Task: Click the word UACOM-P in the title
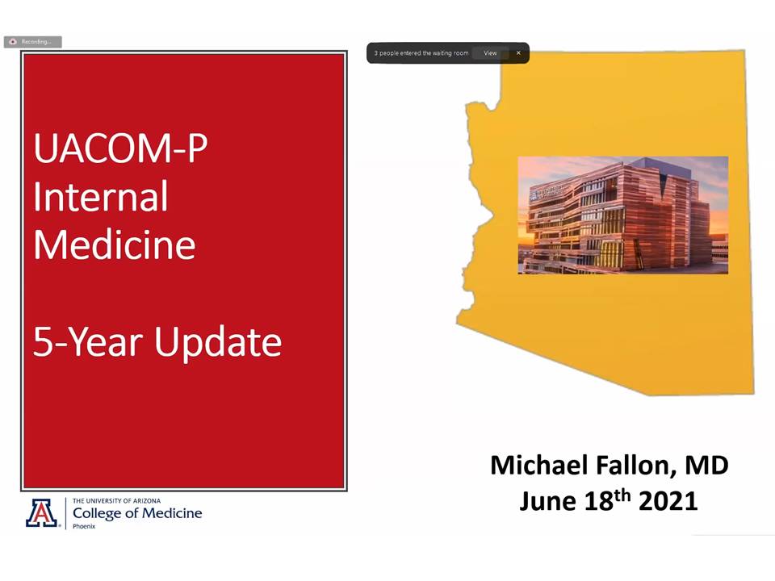pyautogui.click(x=120, y=148)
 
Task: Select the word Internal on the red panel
pyautogui.click(x=101, y=196)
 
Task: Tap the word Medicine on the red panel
pyautogui.click(x=115, y=245)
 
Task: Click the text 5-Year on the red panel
pyautogui.click(x=88, y=342)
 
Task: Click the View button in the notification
pyautogui.click(x=490, y=53)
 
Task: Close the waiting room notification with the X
pyautogui.click(x=518, y=53)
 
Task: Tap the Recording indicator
pyautogui.click(x=32, y=41)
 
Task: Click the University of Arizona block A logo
pyautogui.click(x=41, y=513)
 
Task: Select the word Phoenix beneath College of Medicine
pyautogui.click(x=84, y=526)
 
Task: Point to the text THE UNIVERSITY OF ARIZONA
pyautogui.click(x=116, y=500)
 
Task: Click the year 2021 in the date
pyautogui.click(x=668, y=501)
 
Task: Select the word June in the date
pyautogui.click(x=547, y=501)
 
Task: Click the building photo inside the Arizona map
pyautogui.click(x=622, y=215)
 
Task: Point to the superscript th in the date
pyautogui.click(x=622, y=495)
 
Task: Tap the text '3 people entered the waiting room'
pyautogui.click(x=421, y=53)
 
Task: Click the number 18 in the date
pyautogui.click(x=599, y=501)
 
